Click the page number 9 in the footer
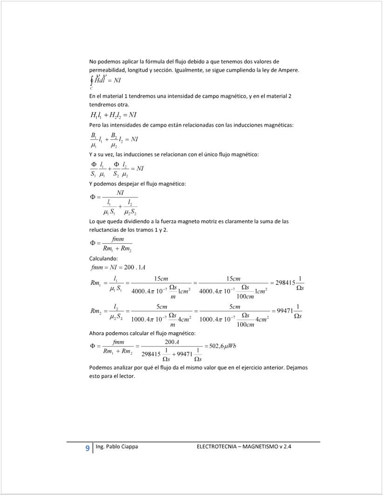pyautogui.click(x=87, y=448)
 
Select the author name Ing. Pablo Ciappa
pyautogui.click(x=116, y=447)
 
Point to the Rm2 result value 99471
pyautogui.click(x=287, y=311)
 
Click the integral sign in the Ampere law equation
pyautogui.click(x=92, y=81)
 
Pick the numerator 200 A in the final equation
pyautogui.click(x=169, y=342)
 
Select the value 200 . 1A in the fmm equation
pyautogui.click(x=136, y=268)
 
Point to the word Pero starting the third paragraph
pyautogui.click(x=95, y=125)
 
